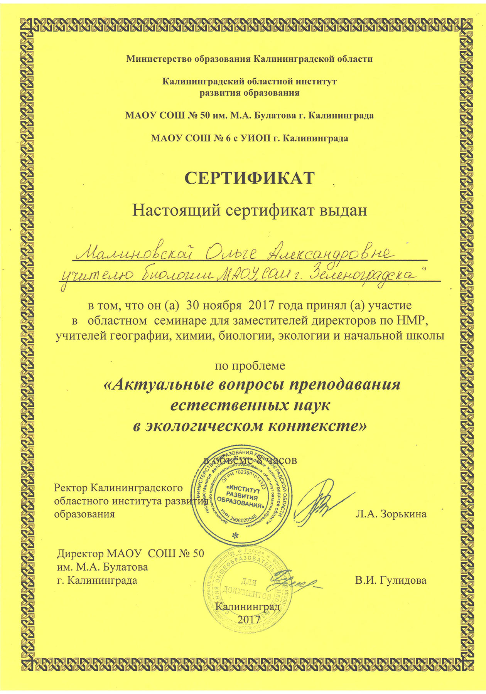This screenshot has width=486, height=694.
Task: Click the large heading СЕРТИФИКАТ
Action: click(x=250, y=178)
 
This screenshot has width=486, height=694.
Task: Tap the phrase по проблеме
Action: click(x=250, y=365)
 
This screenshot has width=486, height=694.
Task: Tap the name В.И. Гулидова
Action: click(x=391, y=580)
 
